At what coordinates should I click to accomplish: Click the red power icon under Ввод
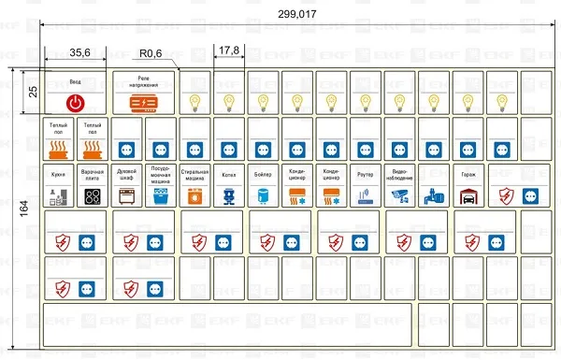point(76,102)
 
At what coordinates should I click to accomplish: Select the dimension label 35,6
point(79,52)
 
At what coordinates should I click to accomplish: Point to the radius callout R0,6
point(151,53)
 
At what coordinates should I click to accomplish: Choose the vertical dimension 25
point(33,92)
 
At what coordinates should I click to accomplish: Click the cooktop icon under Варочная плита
point(93,196)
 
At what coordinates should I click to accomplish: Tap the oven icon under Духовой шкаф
point(126,196)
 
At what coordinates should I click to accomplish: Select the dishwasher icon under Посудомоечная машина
point(161,196)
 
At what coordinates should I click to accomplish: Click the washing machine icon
point(194,196)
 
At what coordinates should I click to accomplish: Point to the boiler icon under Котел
point(229,196)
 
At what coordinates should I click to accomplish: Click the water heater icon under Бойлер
point(263,196)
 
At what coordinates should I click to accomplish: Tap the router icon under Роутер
point(366,196)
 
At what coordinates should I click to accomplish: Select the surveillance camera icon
point(399,196)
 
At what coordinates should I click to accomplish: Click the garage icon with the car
point(467,196)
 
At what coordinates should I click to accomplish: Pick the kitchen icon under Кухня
point(58,196)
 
